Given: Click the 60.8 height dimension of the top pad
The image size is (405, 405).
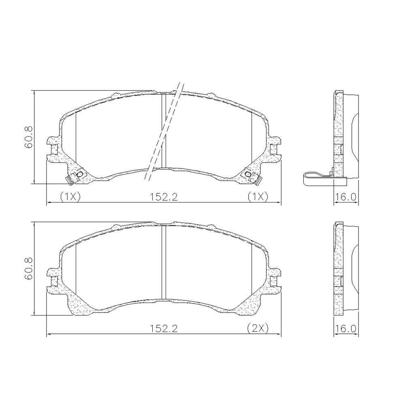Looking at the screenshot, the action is click(28, 137).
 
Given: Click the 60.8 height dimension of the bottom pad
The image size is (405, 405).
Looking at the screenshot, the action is click(28, 269).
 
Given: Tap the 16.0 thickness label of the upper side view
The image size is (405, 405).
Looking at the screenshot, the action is click(345, 197).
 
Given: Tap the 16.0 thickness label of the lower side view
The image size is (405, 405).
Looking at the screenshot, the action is click(345, 328).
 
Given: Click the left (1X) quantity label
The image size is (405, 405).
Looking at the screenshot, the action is click(70, 197).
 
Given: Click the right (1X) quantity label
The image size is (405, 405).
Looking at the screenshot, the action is click(258, 197).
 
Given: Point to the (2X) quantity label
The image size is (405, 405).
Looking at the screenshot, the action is click(258, 328).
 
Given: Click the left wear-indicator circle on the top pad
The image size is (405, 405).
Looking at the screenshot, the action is click(80, 175).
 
